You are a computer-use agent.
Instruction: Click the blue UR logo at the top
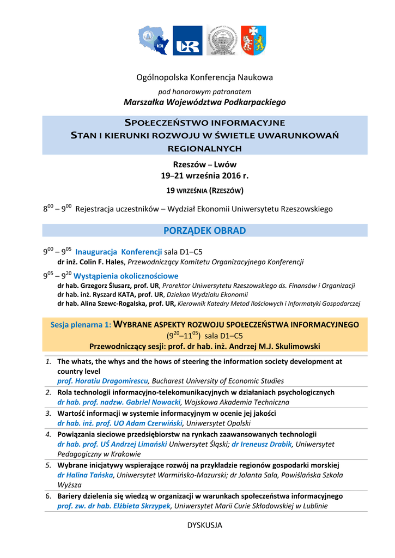pyautogui.click(x=187, y=40)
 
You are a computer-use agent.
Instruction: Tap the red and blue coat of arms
pyautogui.click(x=253, y=40)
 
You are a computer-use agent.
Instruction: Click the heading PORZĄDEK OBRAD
pyautogui.click(x=205, y=231)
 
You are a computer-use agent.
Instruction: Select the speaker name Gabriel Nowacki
pyautogui.click(x=151, y=402)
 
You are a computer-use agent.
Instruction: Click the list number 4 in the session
pyautogui.click(x=48, y=434)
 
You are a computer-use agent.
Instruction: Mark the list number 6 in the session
pyautogui.click(x=48, y=496)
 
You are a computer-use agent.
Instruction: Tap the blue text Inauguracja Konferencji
pyautogui.click(x=119, y=252)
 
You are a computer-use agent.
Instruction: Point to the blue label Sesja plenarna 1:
pyautogui.click(x=81, y=325)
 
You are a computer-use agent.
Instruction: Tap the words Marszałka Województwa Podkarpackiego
pyautogui.click(x=204, y=102)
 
